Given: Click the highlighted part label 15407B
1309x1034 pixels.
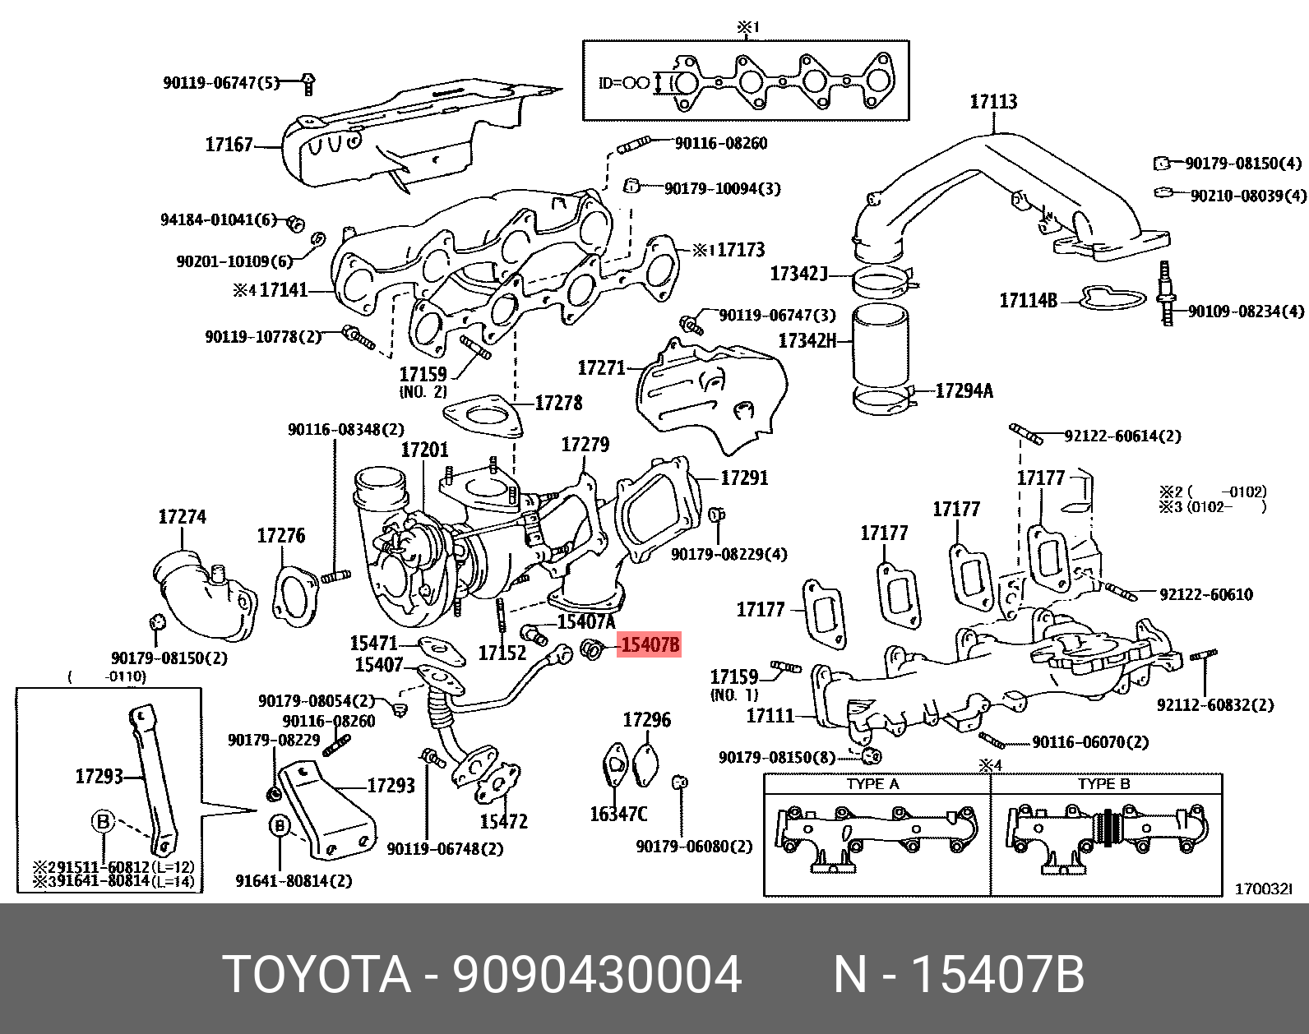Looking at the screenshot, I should (x=650, y=645).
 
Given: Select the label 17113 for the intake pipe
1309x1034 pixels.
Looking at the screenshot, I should (x=993, y=102).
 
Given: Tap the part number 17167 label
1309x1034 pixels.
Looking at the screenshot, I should (x=229, y=145).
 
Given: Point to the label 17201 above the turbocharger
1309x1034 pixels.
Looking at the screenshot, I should (x=424, y=450).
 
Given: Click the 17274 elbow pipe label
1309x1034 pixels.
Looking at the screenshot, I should (x=182, y=517).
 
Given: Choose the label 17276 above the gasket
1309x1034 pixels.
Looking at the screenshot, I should (x=280, y=536).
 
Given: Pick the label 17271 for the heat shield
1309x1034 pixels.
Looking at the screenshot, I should (x=602, y=367).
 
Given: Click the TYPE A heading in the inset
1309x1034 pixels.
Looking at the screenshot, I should (x=872, y=784).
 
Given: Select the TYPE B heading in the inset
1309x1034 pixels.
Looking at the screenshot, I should (x=1103, y=784).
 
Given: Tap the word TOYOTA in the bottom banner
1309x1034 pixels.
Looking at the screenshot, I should (x=317, y=976).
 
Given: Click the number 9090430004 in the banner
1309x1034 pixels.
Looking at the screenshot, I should (x=598, y=976).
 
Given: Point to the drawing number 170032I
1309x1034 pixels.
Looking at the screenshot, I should (x=1264, y=889).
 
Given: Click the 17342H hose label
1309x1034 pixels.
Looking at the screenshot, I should (x=807, y=340).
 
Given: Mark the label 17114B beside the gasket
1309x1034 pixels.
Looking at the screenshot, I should (x=1028, y=301).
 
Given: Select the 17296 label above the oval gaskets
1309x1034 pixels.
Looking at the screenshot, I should (x=646, y=720).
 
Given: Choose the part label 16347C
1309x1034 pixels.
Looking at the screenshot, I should (x=618, y=814).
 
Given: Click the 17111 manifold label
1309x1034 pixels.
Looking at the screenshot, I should (x=770, y=716).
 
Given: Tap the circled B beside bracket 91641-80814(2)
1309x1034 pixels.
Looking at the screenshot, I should (x=280, y=825).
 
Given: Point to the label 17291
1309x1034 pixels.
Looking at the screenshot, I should (x=744, y=478).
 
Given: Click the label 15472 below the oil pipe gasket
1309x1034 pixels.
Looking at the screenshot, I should (x=503, y=821).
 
